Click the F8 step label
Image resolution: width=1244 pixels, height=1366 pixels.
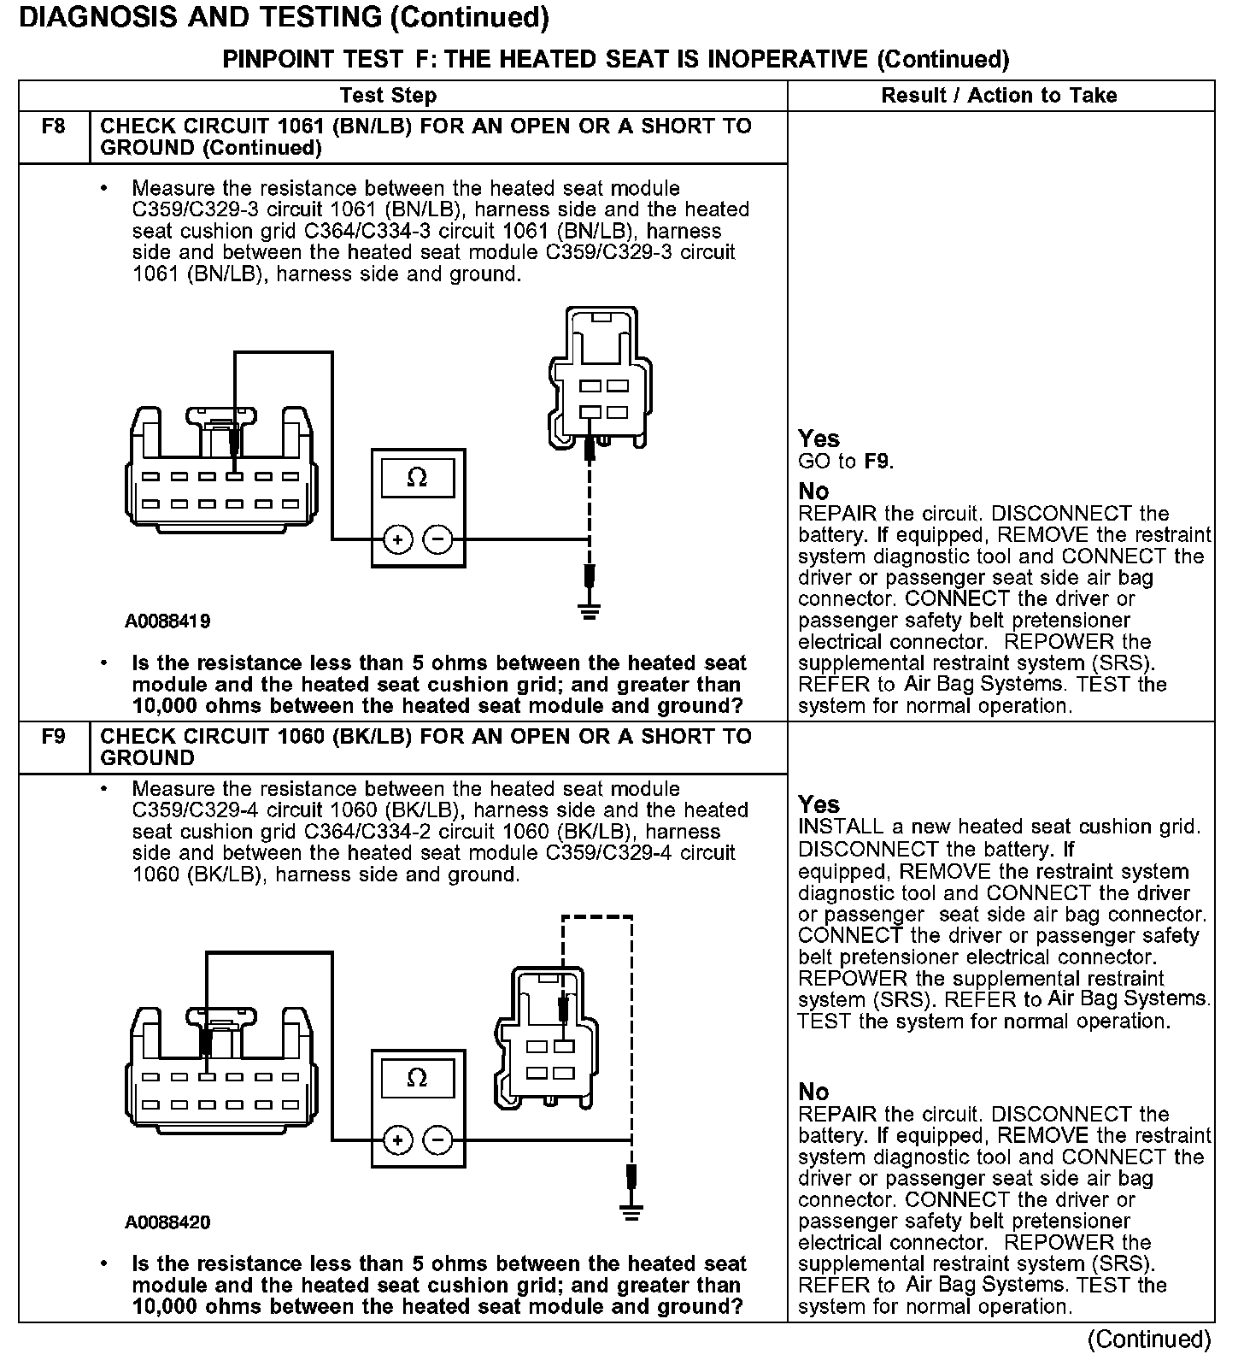(53, 127)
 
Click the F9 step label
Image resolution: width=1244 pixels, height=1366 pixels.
(53, 736)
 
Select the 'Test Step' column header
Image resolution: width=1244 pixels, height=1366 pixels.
(388, 96)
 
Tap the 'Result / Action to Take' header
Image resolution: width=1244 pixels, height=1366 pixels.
(999, 96)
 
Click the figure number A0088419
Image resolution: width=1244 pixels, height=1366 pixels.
(167, 621)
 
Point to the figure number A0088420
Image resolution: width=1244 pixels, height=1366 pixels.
(167, 1222)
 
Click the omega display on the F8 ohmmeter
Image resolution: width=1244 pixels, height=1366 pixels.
(418, 478)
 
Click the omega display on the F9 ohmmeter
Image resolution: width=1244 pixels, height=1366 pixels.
(418, 1078)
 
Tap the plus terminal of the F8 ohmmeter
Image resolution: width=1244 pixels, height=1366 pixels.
(398, 539)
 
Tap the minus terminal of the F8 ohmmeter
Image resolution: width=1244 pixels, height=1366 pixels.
(438, 539)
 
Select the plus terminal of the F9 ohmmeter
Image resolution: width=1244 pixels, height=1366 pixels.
(398, 1140)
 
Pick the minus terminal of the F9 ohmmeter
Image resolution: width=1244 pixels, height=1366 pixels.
(438, 1140)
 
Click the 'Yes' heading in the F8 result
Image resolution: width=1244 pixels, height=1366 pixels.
(819, 439)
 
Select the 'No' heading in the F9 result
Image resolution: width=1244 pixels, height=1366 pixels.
(813, 1092)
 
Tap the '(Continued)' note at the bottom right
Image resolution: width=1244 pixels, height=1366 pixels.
(1149, 1340)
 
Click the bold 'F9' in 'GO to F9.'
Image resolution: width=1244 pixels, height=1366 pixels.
(877, 462)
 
